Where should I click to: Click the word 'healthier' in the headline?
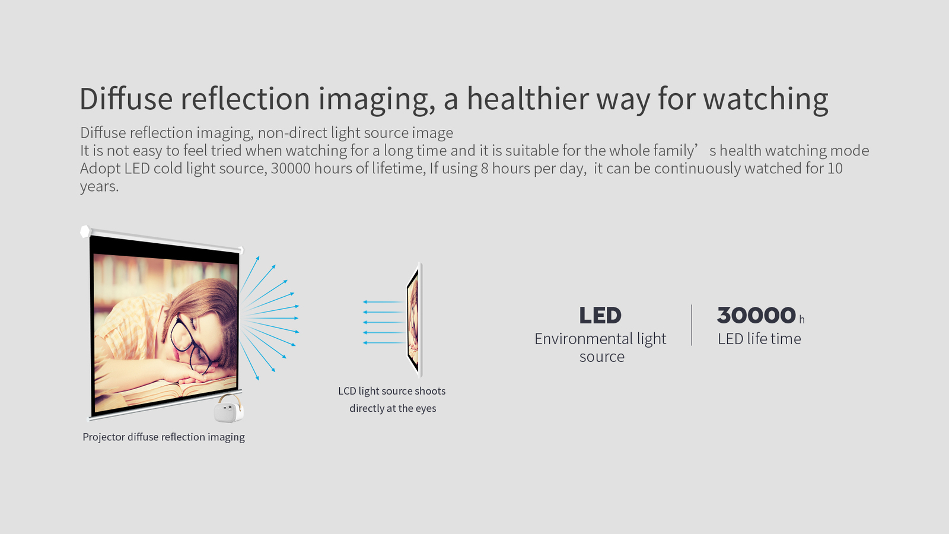click(x=527, y=98)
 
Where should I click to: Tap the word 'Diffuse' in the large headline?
click(x=126, y=98)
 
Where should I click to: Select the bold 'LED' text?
click(x=600, y=315)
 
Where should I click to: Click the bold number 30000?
click(x=757, y=315)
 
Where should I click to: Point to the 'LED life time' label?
click(x=759, y=339)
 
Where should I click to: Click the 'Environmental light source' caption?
click(x=601, y=348)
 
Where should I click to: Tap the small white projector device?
click(x=229, y=409)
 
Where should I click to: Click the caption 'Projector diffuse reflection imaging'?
click(x=164, y=437)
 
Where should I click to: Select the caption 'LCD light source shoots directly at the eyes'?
click(x=392, y=400)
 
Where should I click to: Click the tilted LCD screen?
click(x=415, y=320)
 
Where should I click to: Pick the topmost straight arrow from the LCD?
click(x=383, y=302)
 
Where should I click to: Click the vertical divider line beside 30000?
click(x=692, y=325)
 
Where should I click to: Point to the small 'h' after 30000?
click(x=801, y=319)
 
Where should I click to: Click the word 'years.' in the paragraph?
click(x=99, y=186)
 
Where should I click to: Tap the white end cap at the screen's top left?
click(x=85, y=231)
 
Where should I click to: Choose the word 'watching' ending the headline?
click(x=766, y=98)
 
